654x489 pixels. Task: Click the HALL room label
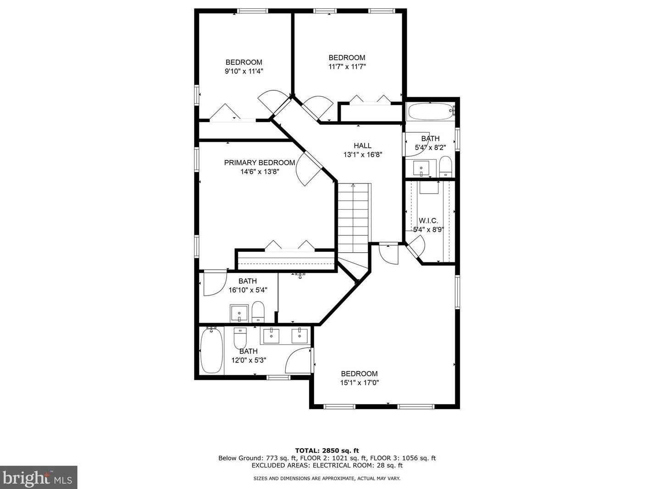(362, 146)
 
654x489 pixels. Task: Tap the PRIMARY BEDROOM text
(259, 163)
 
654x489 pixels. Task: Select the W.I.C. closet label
(428, 221)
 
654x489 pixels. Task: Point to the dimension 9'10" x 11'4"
(244, 71)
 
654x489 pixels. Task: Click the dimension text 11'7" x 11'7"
(347, 67)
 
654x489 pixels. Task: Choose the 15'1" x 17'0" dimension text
(359, 383)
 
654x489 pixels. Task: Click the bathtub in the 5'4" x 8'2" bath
(430, 111)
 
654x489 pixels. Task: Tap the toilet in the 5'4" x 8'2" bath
(445, 167)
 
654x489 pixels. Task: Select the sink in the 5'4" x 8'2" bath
(421, 168)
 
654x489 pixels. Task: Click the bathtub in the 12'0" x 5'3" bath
(211, 350)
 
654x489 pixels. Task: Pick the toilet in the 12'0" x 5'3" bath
(240, 339)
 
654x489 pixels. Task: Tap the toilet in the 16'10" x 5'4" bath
(258, 312)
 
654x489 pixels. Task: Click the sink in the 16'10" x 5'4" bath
(239, 313)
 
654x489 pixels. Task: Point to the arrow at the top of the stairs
(353, 186)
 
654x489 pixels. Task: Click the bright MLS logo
(39, 478)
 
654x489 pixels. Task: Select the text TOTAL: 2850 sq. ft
(327, 450)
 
